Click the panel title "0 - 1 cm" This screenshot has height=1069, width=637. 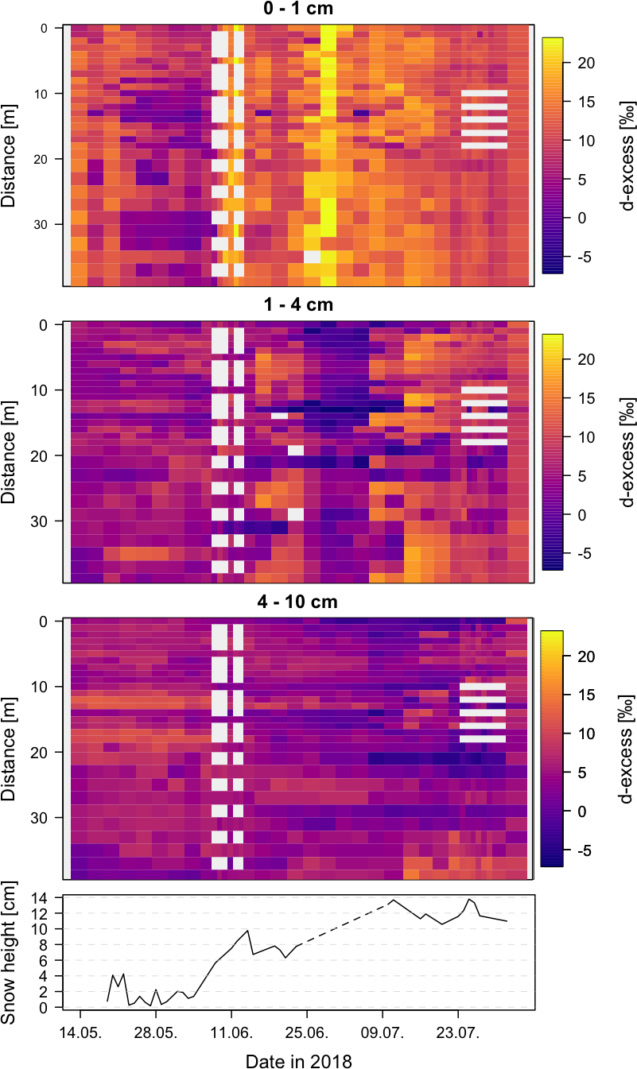(299, 9)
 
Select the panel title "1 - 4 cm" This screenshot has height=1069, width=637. (299, 305)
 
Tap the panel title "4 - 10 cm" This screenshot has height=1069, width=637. (299, 602)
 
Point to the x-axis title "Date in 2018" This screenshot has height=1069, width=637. (298, 1060)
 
